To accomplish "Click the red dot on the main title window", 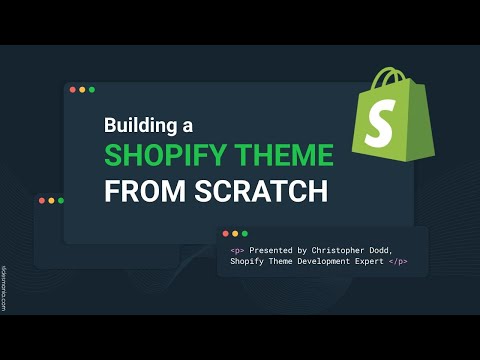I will click(72, 90).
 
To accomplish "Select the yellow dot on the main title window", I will click(82, 90).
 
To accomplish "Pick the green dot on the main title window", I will click(92, 90).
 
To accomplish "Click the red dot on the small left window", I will click(41, 201).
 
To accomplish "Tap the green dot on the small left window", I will click(61, 201).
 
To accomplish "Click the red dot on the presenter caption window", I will click(225, 234).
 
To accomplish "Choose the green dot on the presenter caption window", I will click(245, 234).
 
